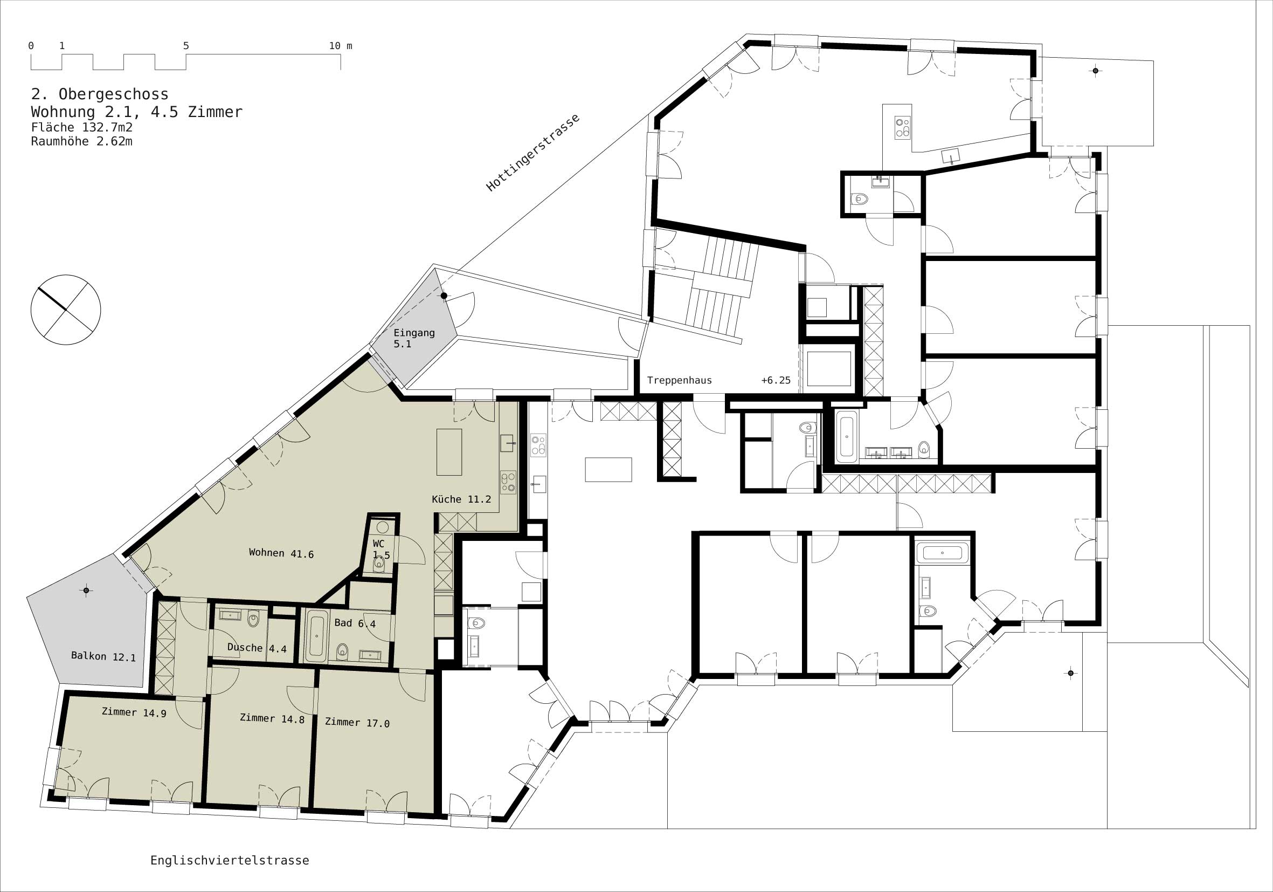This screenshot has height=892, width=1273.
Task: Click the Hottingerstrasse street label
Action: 533,153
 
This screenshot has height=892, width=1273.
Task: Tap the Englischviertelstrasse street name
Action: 230,860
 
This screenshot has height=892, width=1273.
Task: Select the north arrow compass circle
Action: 66,310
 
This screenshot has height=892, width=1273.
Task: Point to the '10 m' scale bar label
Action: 341,46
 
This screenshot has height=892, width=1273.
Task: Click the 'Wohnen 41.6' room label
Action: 281,553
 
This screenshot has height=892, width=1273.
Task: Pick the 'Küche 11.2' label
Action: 461,499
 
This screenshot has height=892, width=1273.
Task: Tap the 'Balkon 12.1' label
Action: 103,657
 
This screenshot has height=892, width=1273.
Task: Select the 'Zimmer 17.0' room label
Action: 357,722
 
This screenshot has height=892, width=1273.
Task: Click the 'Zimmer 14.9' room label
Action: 134,712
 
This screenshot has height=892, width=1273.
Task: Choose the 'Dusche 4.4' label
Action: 257,648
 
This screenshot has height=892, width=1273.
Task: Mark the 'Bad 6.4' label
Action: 355,623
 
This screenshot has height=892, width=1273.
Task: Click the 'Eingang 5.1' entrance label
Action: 414,338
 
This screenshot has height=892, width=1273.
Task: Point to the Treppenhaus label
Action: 679,381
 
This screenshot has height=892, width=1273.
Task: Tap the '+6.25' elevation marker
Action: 776,381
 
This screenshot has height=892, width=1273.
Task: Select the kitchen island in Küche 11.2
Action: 449,451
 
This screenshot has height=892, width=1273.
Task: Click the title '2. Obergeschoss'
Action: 100,94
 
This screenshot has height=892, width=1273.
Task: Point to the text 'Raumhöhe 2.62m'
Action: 81,141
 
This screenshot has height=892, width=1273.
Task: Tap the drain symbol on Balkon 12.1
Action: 86,590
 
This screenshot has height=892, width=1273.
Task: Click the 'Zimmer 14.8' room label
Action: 272,718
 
